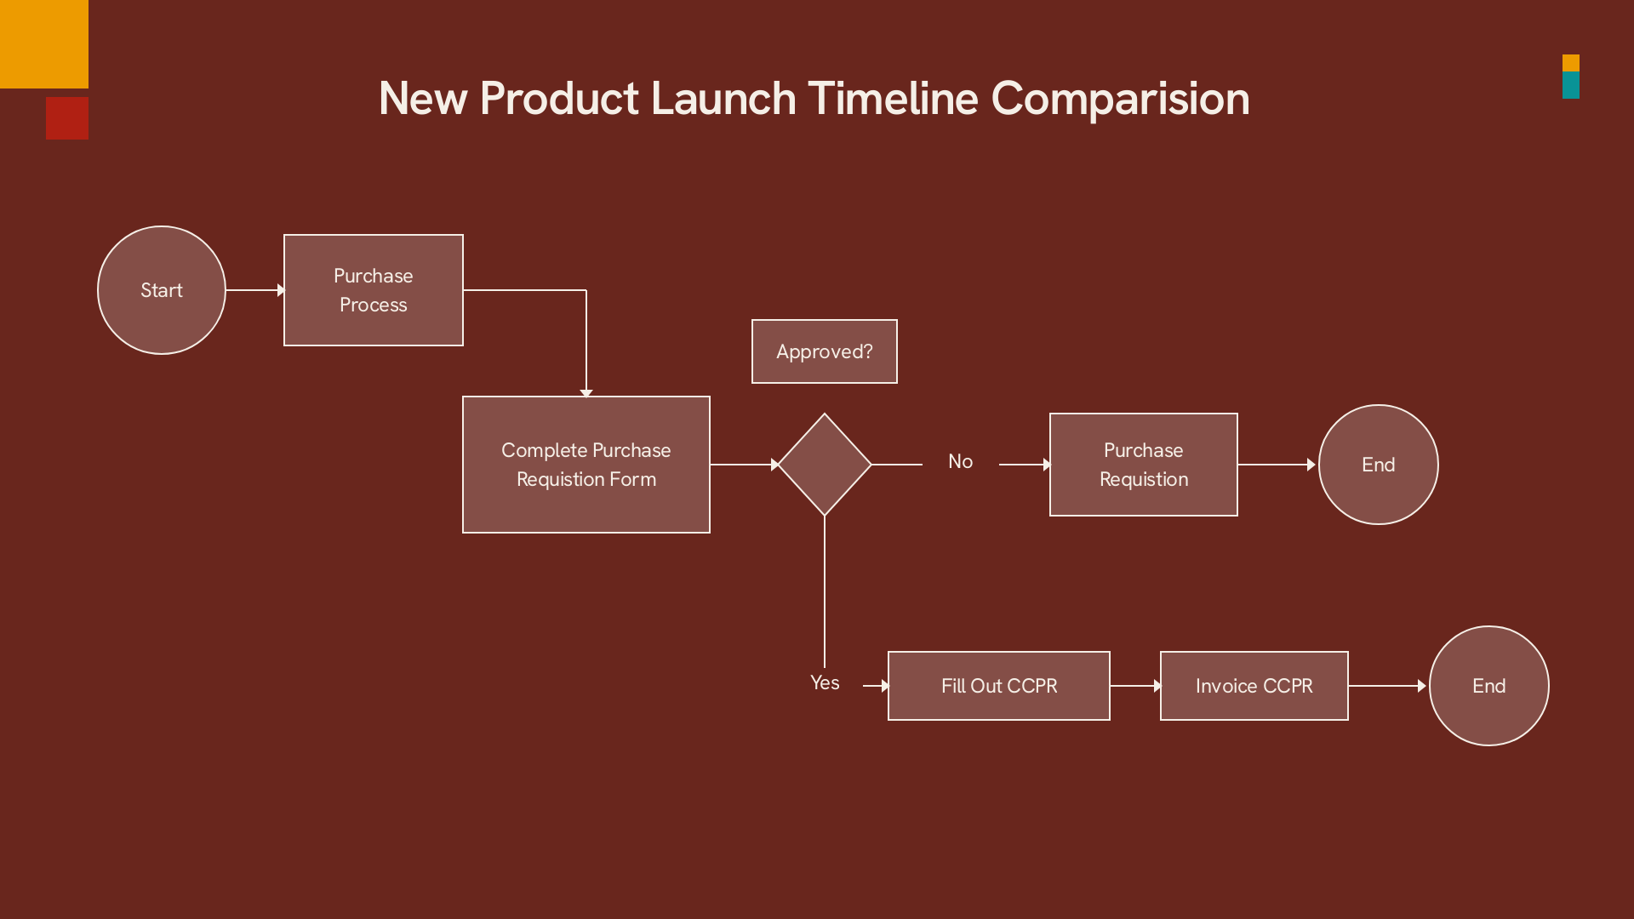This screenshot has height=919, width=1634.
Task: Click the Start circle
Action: coord(162,290)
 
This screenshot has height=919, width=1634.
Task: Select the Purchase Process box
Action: coord(374,290)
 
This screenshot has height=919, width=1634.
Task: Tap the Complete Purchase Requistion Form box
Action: coord(586,465)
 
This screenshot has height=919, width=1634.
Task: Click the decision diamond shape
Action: coord(825,465)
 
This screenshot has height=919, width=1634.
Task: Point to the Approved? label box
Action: coord(825,351)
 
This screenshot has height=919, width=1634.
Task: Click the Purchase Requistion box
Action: coord(1144,465)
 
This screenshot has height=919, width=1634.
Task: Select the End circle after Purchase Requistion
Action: coord(1379,465)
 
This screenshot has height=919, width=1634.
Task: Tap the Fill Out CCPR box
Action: coord(999,686)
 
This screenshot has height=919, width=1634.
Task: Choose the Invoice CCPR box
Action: coord(1254,686)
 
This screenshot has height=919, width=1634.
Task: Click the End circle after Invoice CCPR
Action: coord(1489,686)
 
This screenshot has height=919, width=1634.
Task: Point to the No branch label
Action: coord(961,461)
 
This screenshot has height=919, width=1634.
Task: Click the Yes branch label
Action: coord(825,682)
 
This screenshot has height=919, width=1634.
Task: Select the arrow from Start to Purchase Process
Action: coord(255,290)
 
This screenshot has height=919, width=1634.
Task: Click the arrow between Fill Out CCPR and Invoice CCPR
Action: coord(1136,686)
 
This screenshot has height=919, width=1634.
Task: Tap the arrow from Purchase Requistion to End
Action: coord(1277,465)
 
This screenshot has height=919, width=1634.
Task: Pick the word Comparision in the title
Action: coord(1121,99)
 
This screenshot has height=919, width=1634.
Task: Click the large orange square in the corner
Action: coord(44,44)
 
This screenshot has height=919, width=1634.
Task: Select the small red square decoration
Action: coord(67,118)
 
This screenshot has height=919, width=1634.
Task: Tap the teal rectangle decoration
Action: coord(1571,85)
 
